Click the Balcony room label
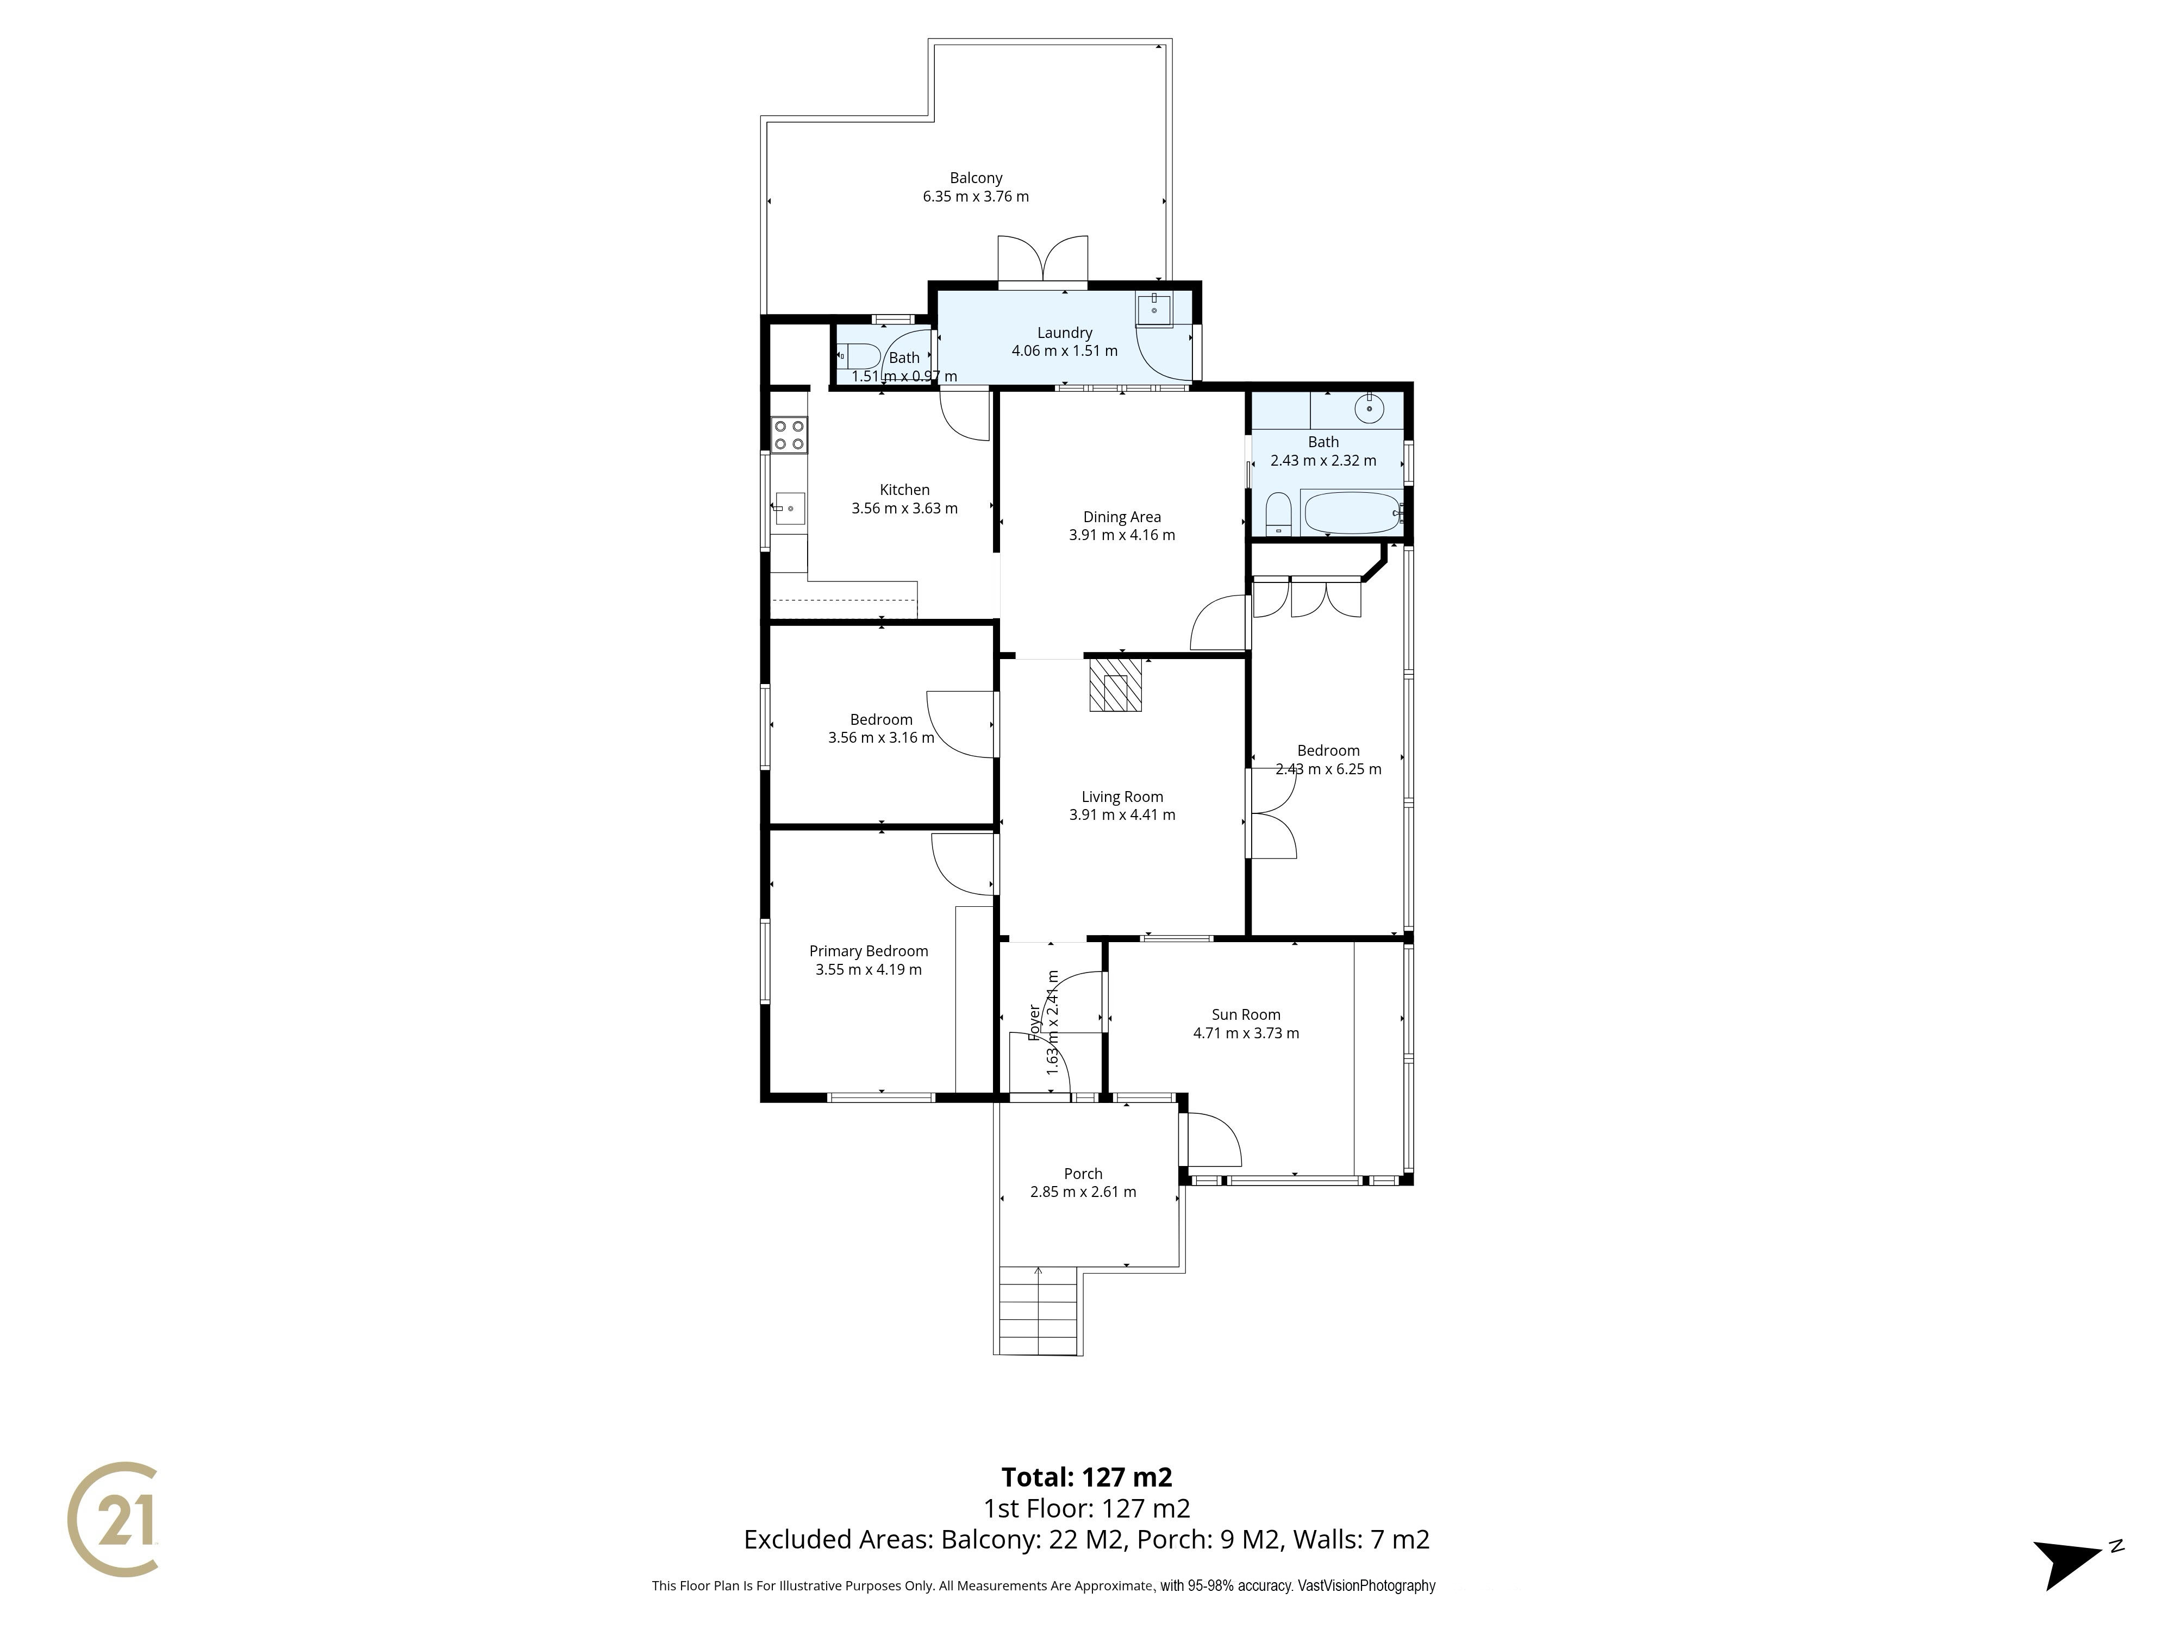point(976,178)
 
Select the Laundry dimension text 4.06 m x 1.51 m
point(1064,351)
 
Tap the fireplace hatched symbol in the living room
point(1115,685)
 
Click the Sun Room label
point(1246,1015)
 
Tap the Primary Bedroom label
point(869,951)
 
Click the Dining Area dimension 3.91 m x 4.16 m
point(1122,536)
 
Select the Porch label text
point(1083,1174)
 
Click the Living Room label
point(1122,797)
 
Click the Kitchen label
point(904,490)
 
